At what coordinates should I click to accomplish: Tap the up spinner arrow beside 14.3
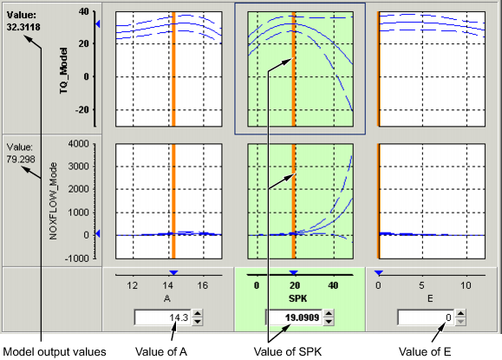pos(197,314)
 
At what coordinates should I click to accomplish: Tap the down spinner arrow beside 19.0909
pos(321,323)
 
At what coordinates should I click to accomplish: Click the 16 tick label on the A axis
pos(203,285)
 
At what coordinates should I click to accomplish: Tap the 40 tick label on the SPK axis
pos(333,285)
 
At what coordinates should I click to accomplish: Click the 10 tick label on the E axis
pos(466,285)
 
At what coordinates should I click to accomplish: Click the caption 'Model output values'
pos(54,351)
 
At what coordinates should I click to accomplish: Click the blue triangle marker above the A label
pos(173,273)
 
